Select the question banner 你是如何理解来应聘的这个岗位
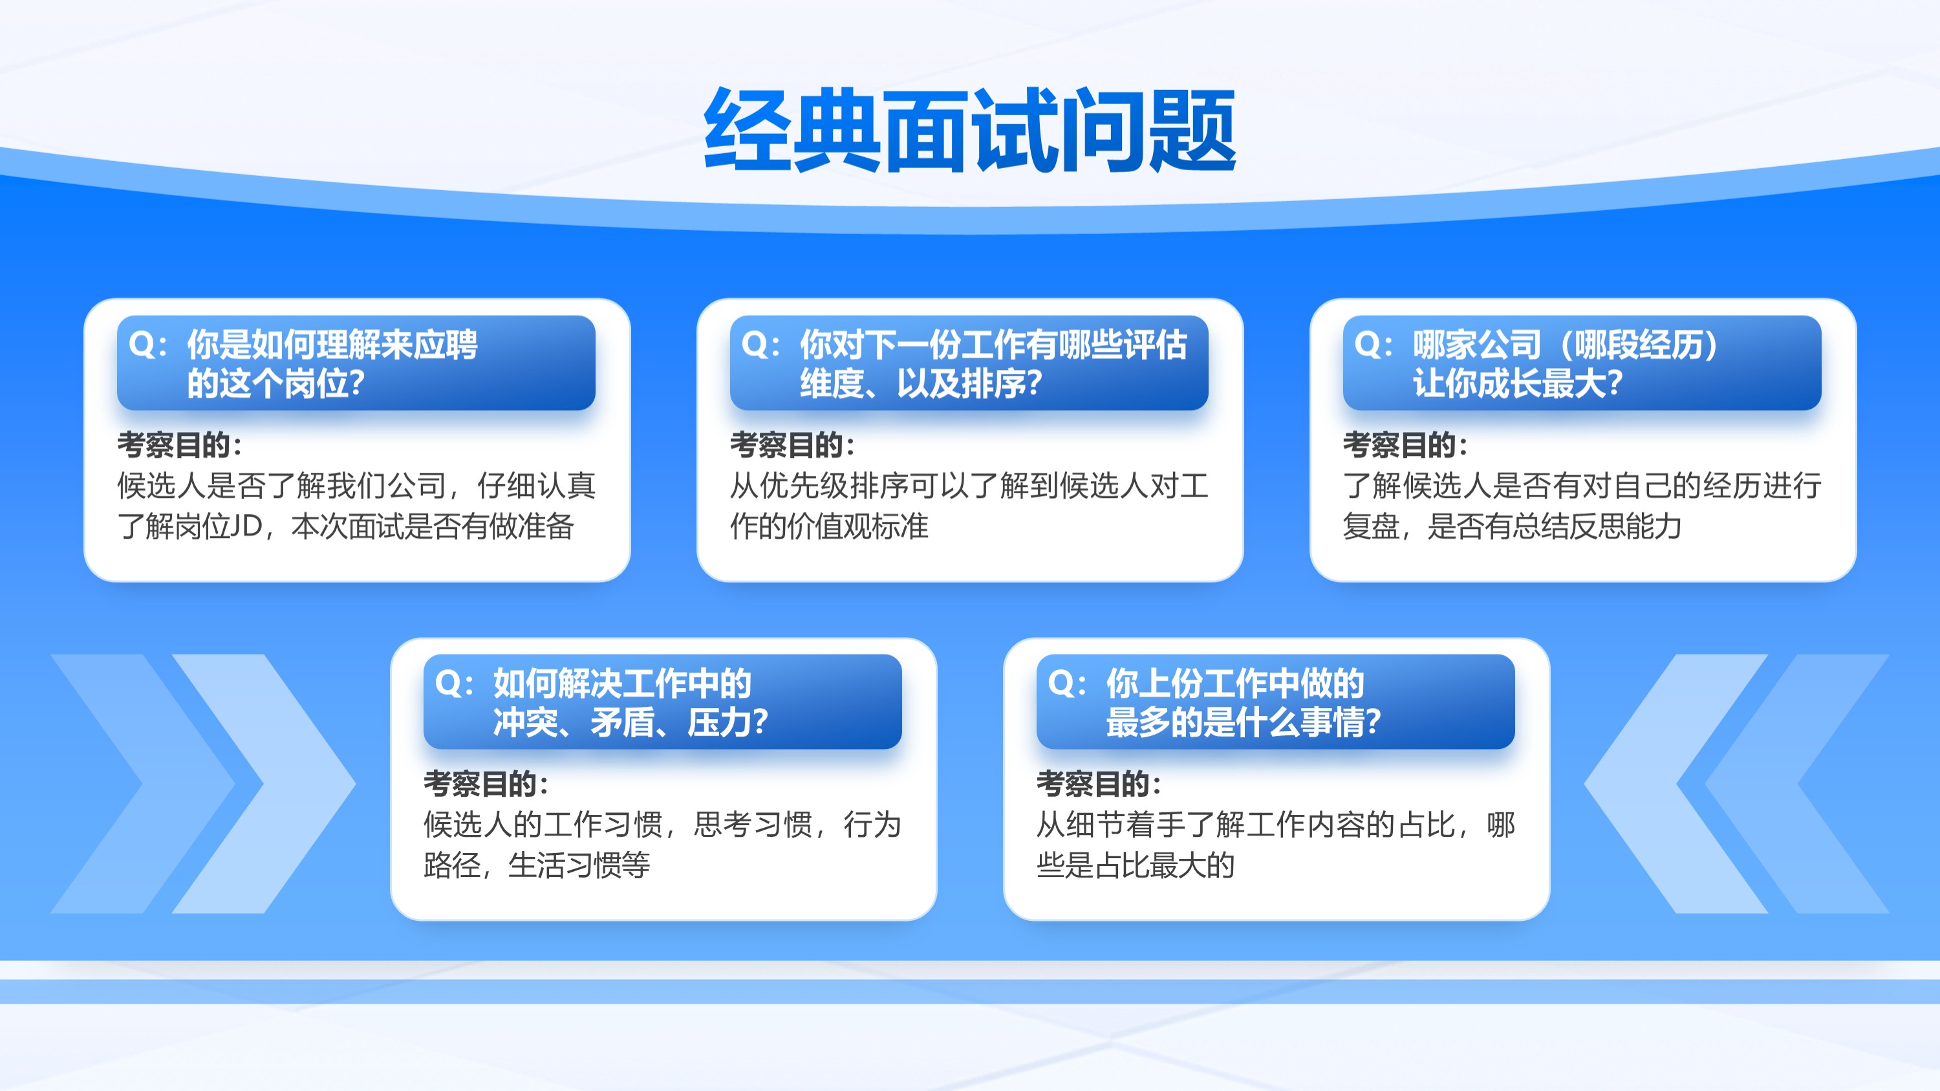tap(356, 363)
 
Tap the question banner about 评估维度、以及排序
tap(969, 363)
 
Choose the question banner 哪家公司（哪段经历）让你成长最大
tap(1582, 363)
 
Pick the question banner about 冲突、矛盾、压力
tap(663, 702)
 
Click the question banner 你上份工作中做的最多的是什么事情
tap(1276, 702)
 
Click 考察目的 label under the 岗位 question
tap(179, 445)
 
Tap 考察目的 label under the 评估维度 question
tap(792, 445)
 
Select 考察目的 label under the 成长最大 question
tap(1405, 445)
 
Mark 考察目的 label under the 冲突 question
tap(486, 784)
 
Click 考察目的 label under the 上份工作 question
tap(1099, 784)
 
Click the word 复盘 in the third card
tap(1372, 526)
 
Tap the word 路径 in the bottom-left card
tap(452, 865)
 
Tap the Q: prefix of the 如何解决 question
tap(454, 684)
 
